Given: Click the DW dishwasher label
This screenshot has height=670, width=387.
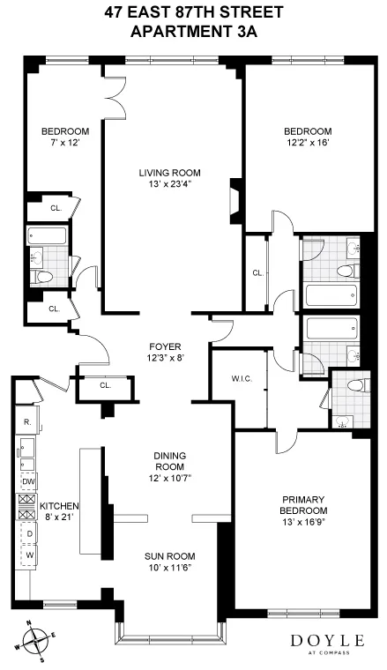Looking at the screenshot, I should (x=28, y=480).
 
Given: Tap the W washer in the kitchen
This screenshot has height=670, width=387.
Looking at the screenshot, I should (x=28, y=555).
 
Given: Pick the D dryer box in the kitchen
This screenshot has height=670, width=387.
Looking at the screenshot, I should (x=28, y=535).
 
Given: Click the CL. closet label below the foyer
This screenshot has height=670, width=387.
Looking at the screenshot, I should (x=105, y=385).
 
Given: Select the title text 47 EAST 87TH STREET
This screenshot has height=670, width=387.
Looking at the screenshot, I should (x=194, y=13).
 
